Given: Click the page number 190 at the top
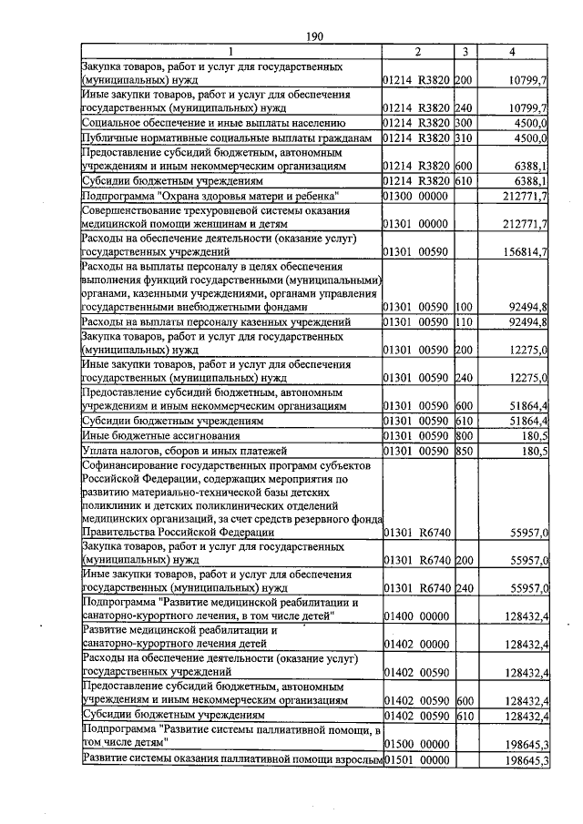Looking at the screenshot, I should (x=315, y=36).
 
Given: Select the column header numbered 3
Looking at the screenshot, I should (x=465, y=52).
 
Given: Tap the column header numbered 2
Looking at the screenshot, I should (x=416, y=52).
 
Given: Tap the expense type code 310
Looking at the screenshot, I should (x=463, y=138).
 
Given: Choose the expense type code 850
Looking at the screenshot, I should (x=463, y=451).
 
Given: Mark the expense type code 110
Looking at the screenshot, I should (x=463, y=322).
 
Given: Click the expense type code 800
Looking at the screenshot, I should (x=463, y=436).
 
